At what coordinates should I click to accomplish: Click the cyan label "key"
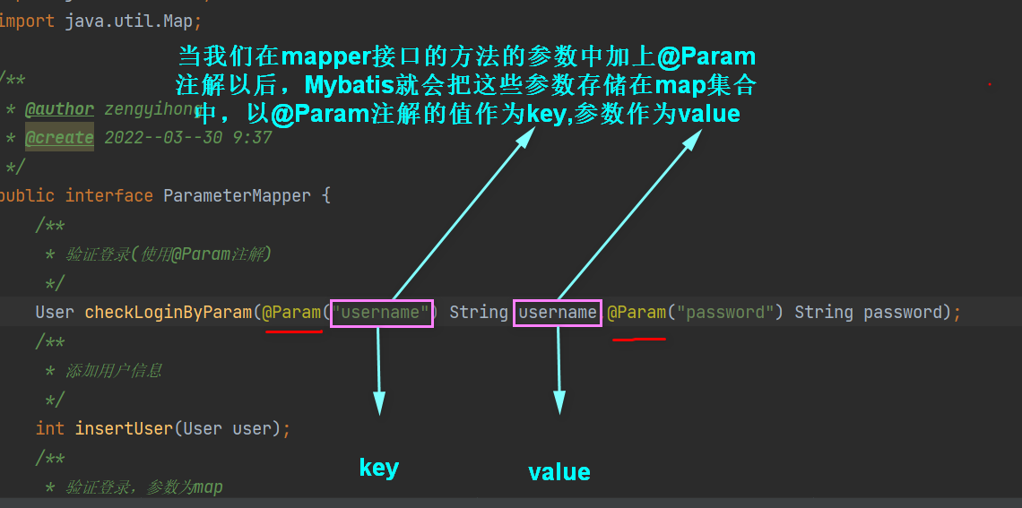(x=378, y=468)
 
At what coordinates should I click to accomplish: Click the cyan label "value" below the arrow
(x=559, y=472)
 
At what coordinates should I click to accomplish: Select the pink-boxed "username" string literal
(x=382, y=313)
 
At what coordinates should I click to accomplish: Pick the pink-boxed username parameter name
(x=558, y=313)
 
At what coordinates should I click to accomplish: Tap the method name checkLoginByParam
(x=168, y=313)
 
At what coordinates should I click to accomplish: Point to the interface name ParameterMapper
(x=237, y=195)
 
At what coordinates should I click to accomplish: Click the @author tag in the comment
(x=59, y=109)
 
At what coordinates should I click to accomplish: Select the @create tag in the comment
(x=59, y=138)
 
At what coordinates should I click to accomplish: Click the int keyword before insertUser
(x=50, y=428)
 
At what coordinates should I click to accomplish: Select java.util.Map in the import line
(x=127, y=20)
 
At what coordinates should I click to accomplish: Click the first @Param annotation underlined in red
(x=291, y=313)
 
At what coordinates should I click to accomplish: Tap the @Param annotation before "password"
(x=637, y=313)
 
